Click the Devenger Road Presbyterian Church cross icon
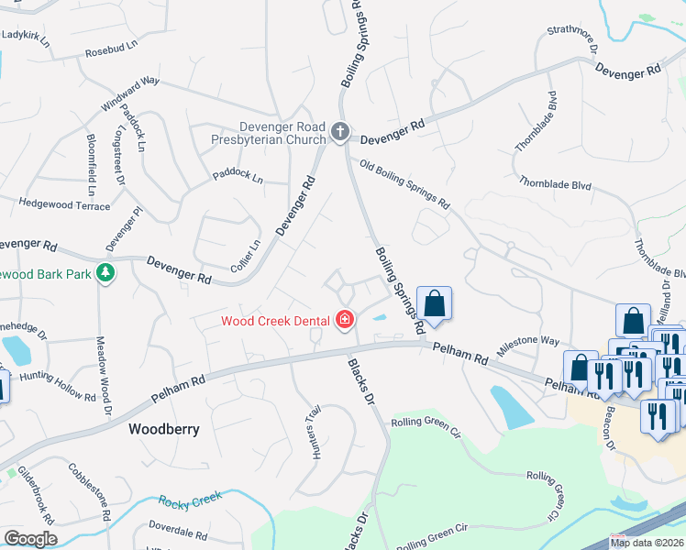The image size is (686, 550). tap(339, 133)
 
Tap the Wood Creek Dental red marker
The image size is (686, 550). tap(345, 320)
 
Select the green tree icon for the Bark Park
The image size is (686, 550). tap(106, 272)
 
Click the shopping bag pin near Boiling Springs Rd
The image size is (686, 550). tap(434, 304)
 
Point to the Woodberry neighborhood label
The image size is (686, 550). tap(164, 428)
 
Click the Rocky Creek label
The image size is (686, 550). tap(191, 501)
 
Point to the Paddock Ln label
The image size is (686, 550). tap(238, 175)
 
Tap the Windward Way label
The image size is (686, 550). tap(130, 93)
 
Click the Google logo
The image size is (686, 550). tap(30, 539)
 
